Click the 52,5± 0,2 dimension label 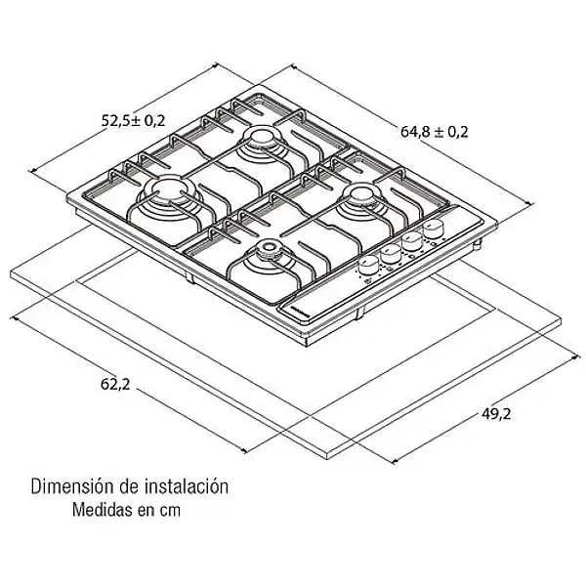click(x=134, y=120)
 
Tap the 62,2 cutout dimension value click(x=114, y=384)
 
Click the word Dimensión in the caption click(x=70, y=485)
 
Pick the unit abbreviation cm click(x=170, y=510)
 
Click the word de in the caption click(x=122, y=485)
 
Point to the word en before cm click(x=145, y=510)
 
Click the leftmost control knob click(x=369, y=264)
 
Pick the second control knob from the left click(x=391, y=253)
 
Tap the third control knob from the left click(x=412, y=241)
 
